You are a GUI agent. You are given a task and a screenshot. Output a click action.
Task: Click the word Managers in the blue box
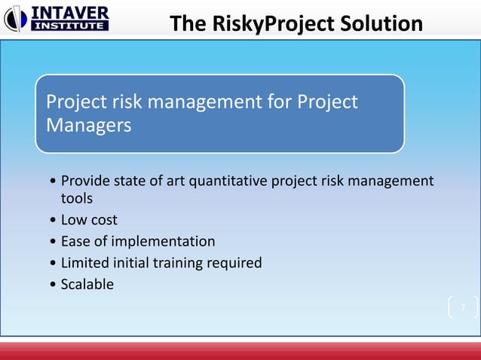tap(88, 125)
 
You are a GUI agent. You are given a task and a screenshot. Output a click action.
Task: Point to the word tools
tap(76, 198)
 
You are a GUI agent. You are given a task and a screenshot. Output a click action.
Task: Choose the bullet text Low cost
tap(89, 220)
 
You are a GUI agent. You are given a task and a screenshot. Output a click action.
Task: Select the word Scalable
tap(87, 285)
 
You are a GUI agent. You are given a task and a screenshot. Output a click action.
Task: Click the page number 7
tap(463, 307)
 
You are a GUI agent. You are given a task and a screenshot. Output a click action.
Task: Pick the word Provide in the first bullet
tap(84, 181)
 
